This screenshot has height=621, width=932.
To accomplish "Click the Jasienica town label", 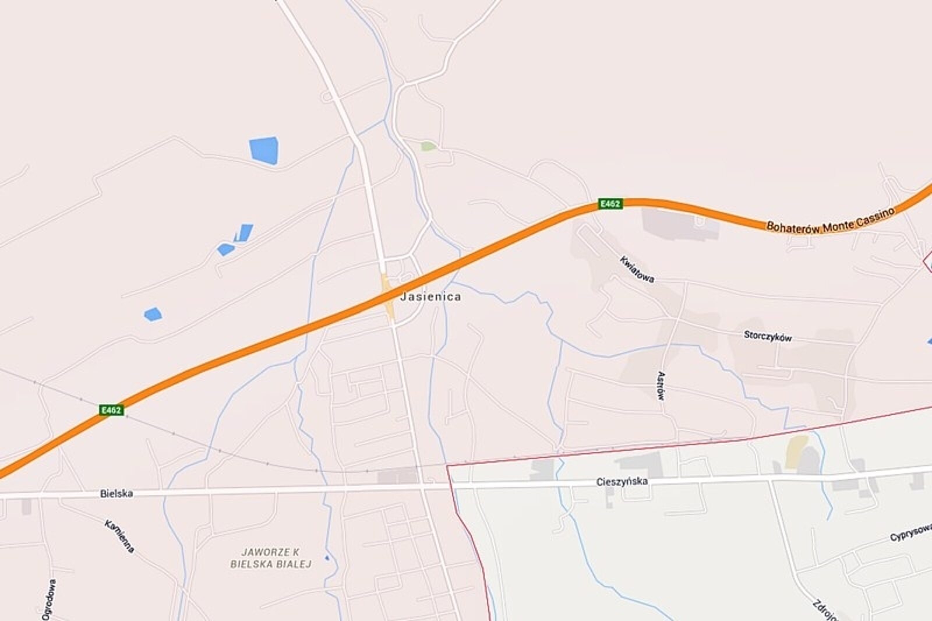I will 430,297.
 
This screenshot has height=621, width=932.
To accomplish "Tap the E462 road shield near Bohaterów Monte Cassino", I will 610,203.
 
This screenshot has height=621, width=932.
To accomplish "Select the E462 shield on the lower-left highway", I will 111,410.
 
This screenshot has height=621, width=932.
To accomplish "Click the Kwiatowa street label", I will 637,269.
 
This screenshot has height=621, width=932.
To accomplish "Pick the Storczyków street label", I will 768,336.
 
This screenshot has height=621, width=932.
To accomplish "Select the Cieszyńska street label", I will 622,482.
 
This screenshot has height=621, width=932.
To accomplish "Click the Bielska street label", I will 116,493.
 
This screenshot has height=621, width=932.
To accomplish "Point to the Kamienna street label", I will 120,535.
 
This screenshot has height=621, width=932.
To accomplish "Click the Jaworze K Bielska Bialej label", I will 271,558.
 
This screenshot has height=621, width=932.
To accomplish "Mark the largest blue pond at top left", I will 264,150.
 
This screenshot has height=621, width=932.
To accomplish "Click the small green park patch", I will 428,146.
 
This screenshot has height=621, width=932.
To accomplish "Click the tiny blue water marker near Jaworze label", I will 327,558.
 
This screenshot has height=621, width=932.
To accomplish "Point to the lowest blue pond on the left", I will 153,315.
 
